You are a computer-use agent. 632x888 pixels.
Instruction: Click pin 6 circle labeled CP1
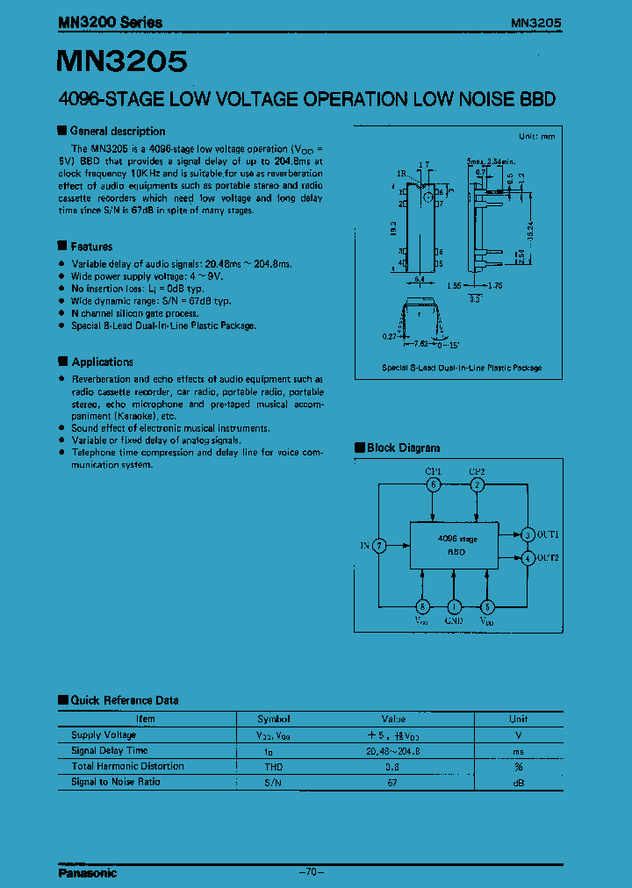433,484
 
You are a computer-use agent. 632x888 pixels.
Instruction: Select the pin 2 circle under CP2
477,484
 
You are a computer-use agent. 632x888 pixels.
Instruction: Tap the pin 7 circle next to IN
378,545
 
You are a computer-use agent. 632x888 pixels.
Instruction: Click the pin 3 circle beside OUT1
528,534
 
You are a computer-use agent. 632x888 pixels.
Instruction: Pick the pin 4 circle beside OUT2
528,557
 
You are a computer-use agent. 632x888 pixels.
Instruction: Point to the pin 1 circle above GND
454,606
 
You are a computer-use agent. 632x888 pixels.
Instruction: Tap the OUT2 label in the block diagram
549,557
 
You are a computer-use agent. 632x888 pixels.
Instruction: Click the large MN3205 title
122,61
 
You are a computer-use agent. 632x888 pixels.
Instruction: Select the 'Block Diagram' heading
403,448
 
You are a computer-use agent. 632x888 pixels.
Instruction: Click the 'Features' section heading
91,247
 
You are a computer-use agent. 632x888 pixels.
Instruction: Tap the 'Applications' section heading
102,362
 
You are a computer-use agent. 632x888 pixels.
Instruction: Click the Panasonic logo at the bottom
87,873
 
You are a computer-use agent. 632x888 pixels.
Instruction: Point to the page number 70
312,872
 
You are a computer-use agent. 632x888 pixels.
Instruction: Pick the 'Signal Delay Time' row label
110,750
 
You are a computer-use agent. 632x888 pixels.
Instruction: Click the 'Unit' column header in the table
519,719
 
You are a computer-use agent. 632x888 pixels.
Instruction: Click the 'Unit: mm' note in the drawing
537,137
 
